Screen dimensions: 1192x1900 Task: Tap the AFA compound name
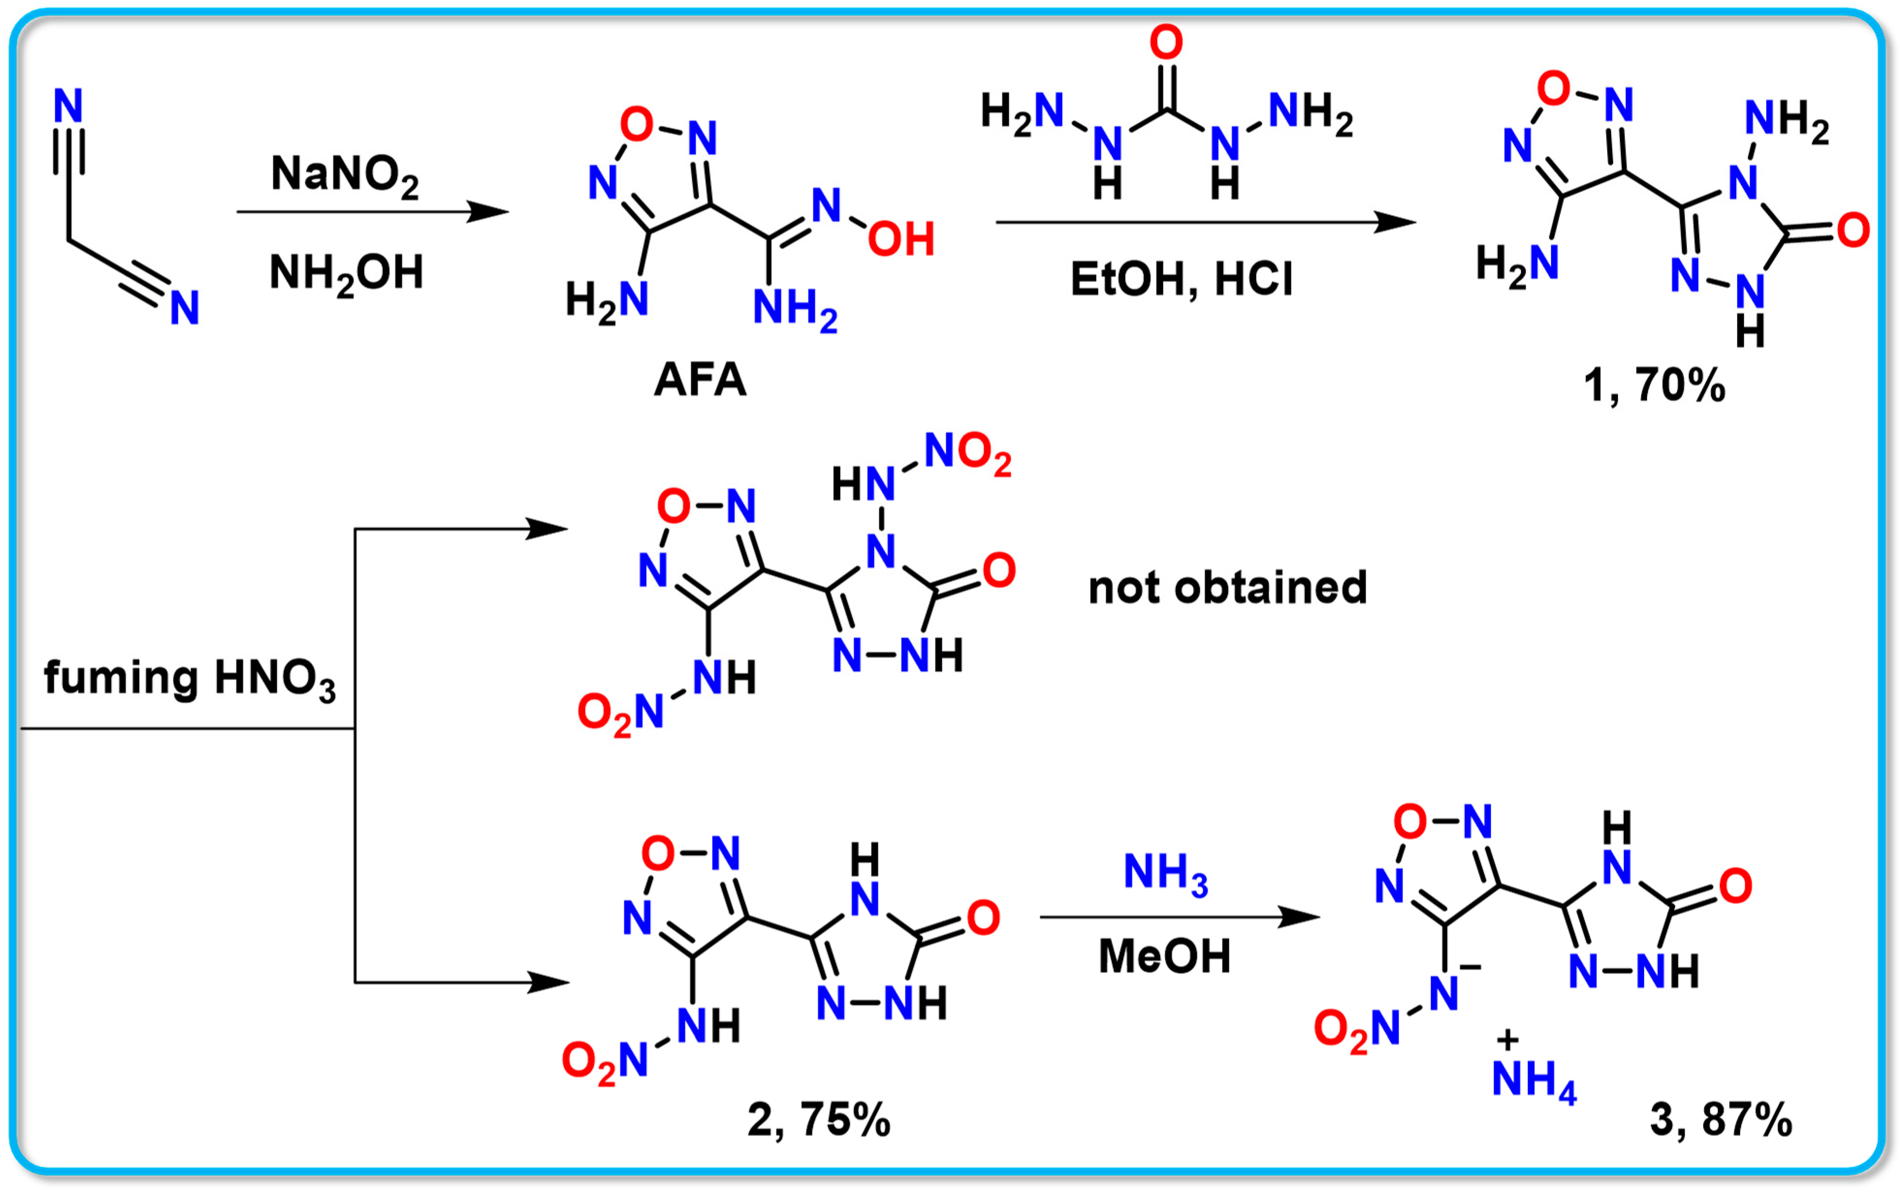click(699, 380)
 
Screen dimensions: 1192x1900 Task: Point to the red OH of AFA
click(901, 239)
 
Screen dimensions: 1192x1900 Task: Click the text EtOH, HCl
click(1181, 279)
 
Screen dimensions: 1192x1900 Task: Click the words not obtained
click(1227, 588)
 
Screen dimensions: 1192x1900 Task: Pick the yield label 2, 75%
click(818, 1119)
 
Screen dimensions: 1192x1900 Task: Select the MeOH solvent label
click(1164, 957)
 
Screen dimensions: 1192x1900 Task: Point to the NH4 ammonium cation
click(1534, 1079)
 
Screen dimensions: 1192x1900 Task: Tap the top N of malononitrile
click(68, 106)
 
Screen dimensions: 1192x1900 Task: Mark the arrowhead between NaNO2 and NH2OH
click(489, 211)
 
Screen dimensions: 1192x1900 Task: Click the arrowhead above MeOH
click(1299, 917)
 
